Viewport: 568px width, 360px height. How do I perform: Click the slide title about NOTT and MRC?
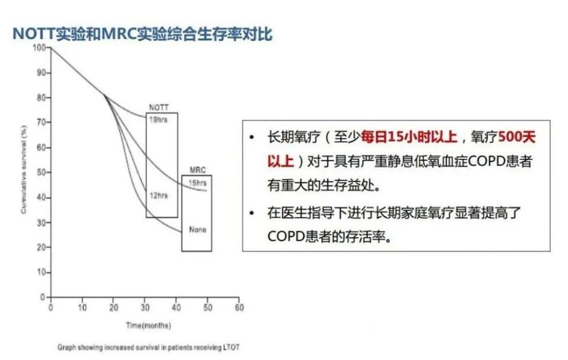click(142, 34)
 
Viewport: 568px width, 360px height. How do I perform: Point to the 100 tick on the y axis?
click(40, 47)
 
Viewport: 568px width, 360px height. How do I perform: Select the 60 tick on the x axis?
click(239, 308)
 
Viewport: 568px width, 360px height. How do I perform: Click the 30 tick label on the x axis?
click(145, 308)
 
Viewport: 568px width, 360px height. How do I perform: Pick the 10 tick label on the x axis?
click(82, 308)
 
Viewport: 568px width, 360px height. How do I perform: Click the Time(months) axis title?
click(148, 326)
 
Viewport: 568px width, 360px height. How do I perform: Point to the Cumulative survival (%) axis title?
click(24, 173)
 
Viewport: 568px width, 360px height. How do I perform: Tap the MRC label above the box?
click(196, 170)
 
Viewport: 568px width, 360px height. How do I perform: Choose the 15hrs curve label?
click(197, 183)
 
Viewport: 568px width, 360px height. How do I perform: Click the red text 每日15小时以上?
click(410, 138)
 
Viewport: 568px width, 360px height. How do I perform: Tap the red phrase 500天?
click(517, 138)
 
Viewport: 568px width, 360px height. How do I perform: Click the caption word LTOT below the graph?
click(230, 347)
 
